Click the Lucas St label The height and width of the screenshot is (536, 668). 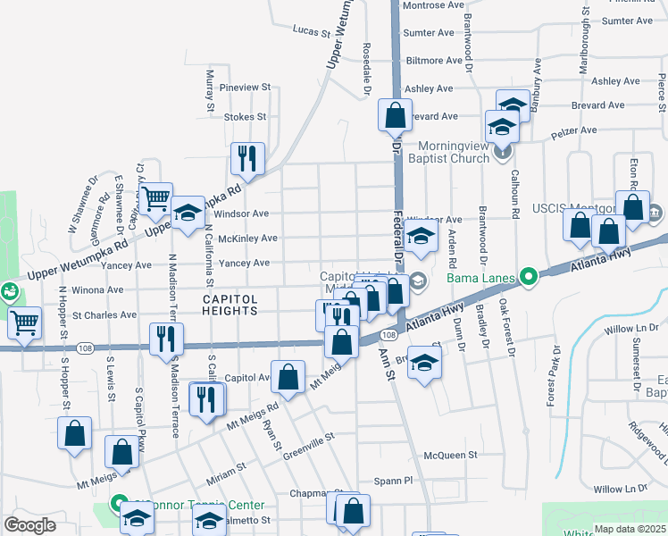point(312,29)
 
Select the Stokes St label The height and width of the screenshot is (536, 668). point(246,117)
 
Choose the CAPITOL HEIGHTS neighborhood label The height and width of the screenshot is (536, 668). point(230,305)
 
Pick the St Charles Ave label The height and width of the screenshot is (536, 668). point(105,315)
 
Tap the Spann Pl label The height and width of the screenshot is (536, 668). point(394,480)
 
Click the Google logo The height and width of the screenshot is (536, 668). point(30,525)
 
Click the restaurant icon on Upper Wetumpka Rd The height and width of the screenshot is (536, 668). point(246,158)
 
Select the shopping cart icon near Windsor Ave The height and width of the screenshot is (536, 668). point(155,197)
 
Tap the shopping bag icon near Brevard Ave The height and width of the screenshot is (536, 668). point(394,115)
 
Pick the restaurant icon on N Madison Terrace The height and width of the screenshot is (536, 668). point(166,338)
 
